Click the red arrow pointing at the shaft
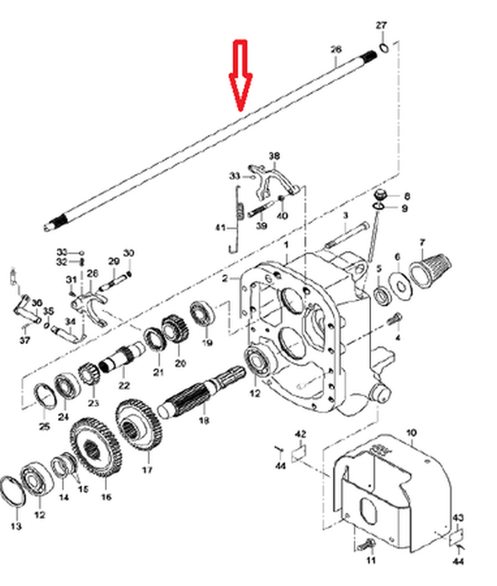[x=240, y=75]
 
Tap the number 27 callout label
[x=381, y=26]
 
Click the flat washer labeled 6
[x=401, y=286]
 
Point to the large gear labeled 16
[x=96, y=447]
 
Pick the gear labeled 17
[x=139, y=425]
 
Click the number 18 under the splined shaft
[x=204, y=420]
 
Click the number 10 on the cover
[x=411, y=433]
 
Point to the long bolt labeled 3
[x=346, y=235]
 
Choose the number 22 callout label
[x=124, y=385]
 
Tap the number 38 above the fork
[x=274, y=156]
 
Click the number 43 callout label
[x=458, y=517]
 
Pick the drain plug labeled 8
[x=380, y=196]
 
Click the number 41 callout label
[x=220, y=228]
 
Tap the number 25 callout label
[x=44, y=426]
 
